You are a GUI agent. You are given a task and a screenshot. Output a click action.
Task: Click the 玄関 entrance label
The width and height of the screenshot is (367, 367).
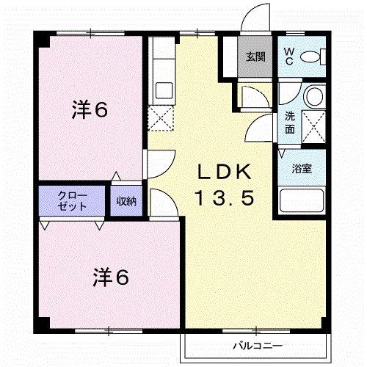(255, 56)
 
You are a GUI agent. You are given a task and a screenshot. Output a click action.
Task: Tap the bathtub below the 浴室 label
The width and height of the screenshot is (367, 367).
(302, 200)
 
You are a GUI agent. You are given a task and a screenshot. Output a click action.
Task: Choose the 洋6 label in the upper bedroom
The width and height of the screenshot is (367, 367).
(90, 110)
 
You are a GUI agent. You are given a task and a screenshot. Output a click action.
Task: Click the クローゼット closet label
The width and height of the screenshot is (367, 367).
(73, 200)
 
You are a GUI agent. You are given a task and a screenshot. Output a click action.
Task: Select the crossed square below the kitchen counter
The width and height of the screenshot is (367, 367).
(159, 117)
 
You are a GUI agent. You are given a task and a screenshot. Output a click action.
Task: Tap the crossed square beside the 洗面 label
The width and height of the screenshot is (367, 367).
(314, 127)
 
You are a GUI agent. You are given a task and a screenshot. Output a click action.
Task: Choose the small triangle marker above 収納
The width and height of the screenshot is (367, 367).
(116, 177)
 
